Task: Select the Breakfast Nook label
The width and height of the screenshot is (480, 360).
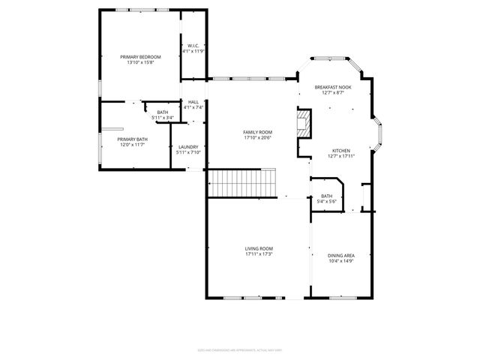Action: coord(332,87)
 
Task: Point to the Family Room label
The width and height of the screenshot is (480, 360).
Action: coord(256,132)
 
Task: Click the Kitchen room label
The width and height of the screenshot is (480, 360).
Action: coord(341,151)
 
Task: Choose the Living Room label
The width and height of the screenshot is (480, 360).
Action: coord(258,249)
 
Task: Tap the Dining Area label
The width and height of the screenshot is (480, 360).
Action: coord(341,256)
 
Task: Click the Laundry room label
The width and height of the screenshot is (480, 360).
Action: coord(187,147)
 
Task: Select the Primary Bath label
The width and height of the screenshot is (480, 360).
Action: coord(131,139)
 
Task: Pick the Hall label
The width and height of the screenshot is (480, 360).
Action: coord(193,102)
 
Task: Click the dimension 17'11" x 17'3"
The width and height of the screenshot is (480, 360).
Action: coord(258,254)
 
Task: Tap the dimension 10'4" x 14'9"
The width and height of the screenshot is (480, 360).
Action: coord(341,261)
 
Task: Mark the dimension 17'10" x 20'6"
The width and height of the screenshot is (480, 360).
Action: coord(256,137)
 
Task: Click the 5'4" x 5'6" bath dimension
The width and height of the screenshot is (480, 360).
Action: coord(327,201)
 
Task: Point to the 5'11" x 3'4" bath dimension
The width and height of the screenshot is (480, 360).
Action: coord(163,118)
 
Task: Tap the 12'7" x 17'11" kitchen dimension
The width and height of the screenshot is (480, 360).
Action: coord(341,156)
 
